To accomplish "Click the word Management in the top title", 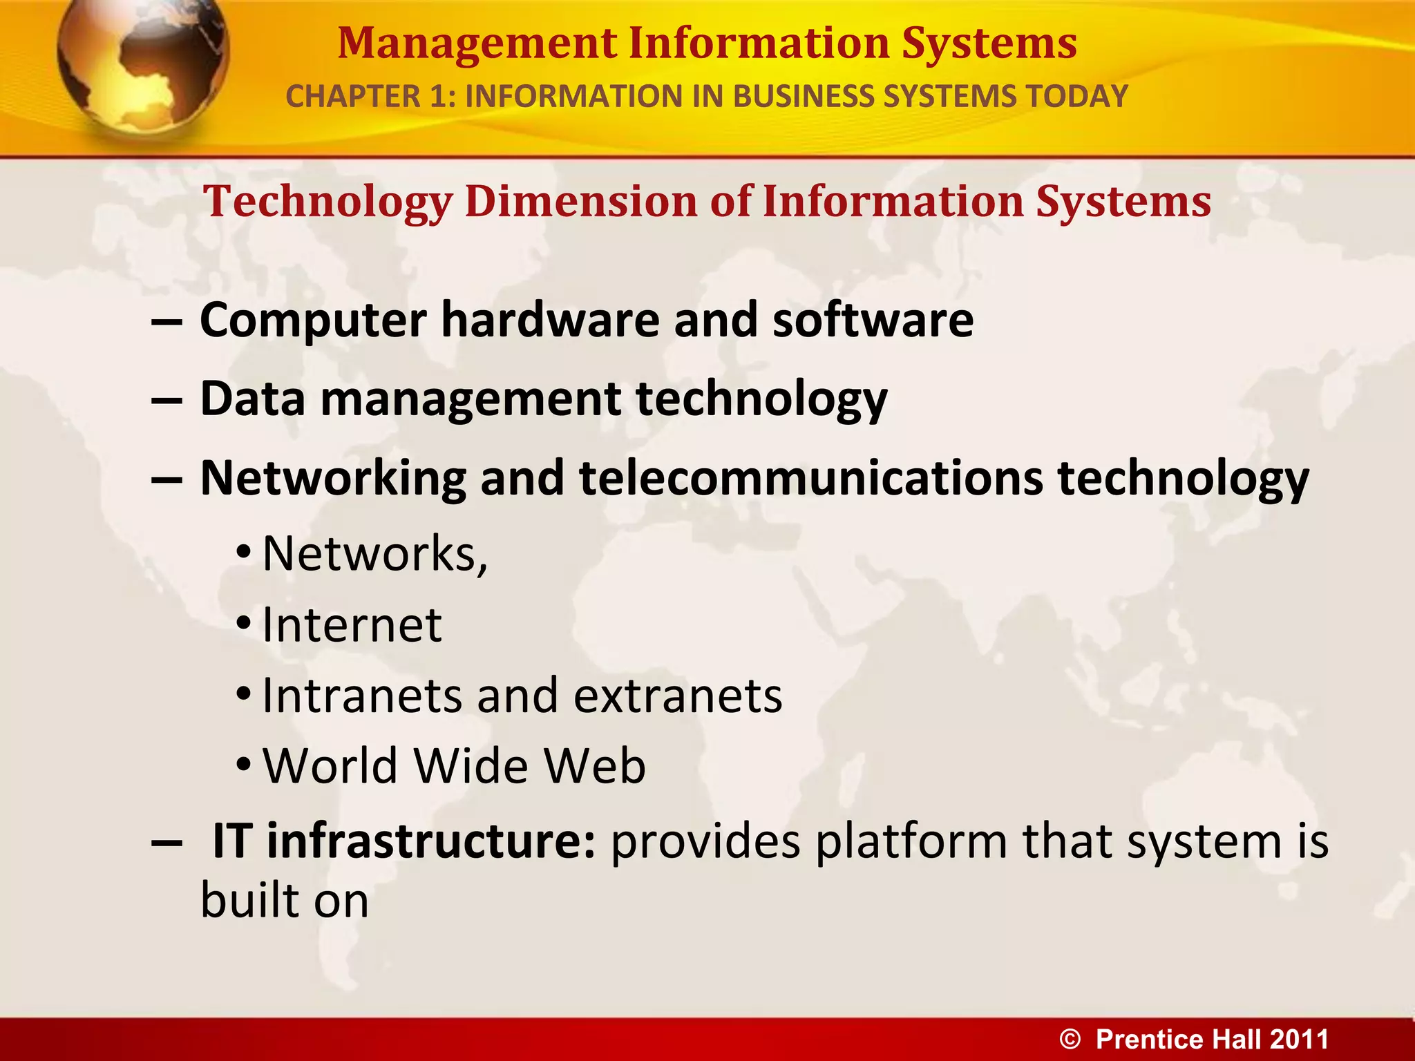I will click(477, 43).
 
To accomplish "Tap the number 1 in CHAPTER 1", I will click(437, 96).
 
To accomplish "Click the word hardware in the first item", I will click(550, 321).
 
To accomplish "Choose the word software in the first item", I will click(873, 321).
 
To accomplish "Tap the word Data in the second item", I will click(252, 399).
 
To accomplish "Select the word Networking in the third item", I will click(333, 479).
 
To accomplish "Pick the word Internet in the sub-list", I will click(352, 625).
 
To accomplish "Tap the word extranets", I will click(678, 696).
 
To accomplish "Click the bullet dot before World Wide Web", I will click(243, 765).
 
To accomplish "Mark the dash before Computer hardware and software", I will click(167, 322).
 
